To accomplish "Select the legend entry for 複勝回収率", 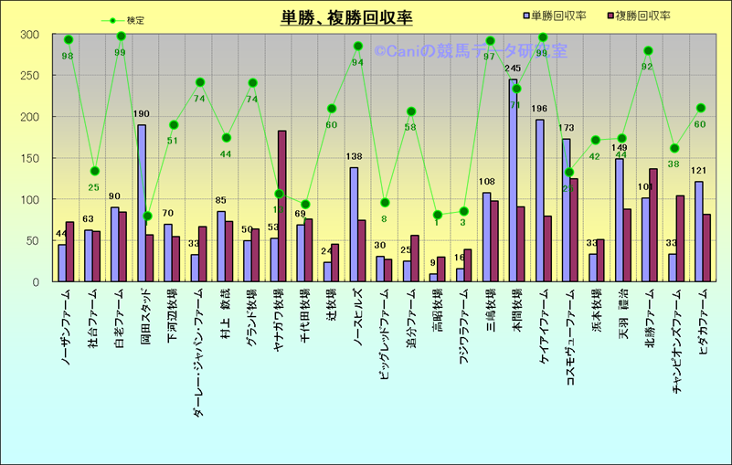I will tap(641, 16).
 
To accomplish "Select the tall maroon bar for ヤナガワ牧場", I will tap(282, 206).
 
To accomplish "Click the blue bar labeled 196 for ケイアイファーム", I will tap(540, 200).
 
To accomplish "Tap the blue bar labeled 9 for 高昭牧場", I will tap(433, 277).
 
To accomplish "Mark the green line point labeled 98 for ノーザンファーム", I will tap(69, 40).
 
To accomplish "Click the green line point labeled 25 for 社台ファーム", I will tap(95, 171).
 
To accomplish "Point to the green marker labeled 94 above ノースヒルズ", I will tap(358, 46).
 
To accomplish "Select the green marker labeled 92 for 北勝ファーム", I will tap(649, 51).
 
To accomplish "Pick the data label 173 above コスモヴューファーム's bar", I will tap(567, 128).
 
